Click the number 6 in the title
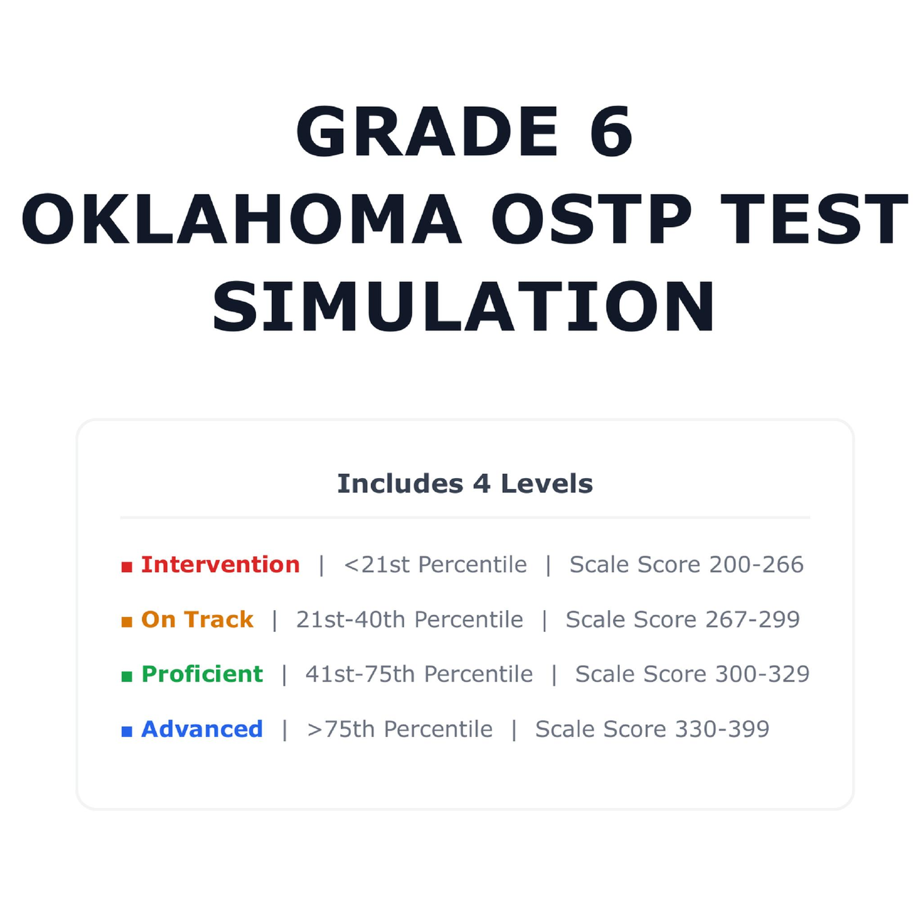(x=611, y=131)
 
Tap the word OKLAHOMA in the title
(x=241, y=219)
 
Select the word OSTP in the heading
(x=591, y=219)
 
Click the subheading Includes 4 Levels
(x=465, y=484)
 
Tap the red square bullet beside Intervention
(x=127, y=567)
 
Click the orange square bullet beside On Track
(x=127, y=622)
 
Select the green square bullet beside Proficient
(x=127, y=677)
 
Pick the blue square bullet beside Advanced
(x=127, y=732)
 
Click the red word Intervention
(x=220, y=565)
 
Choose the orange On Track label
(x=197, y=619)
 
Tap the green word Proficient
(x=202, y=674)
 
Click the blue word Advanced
(x=202, y=729)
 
